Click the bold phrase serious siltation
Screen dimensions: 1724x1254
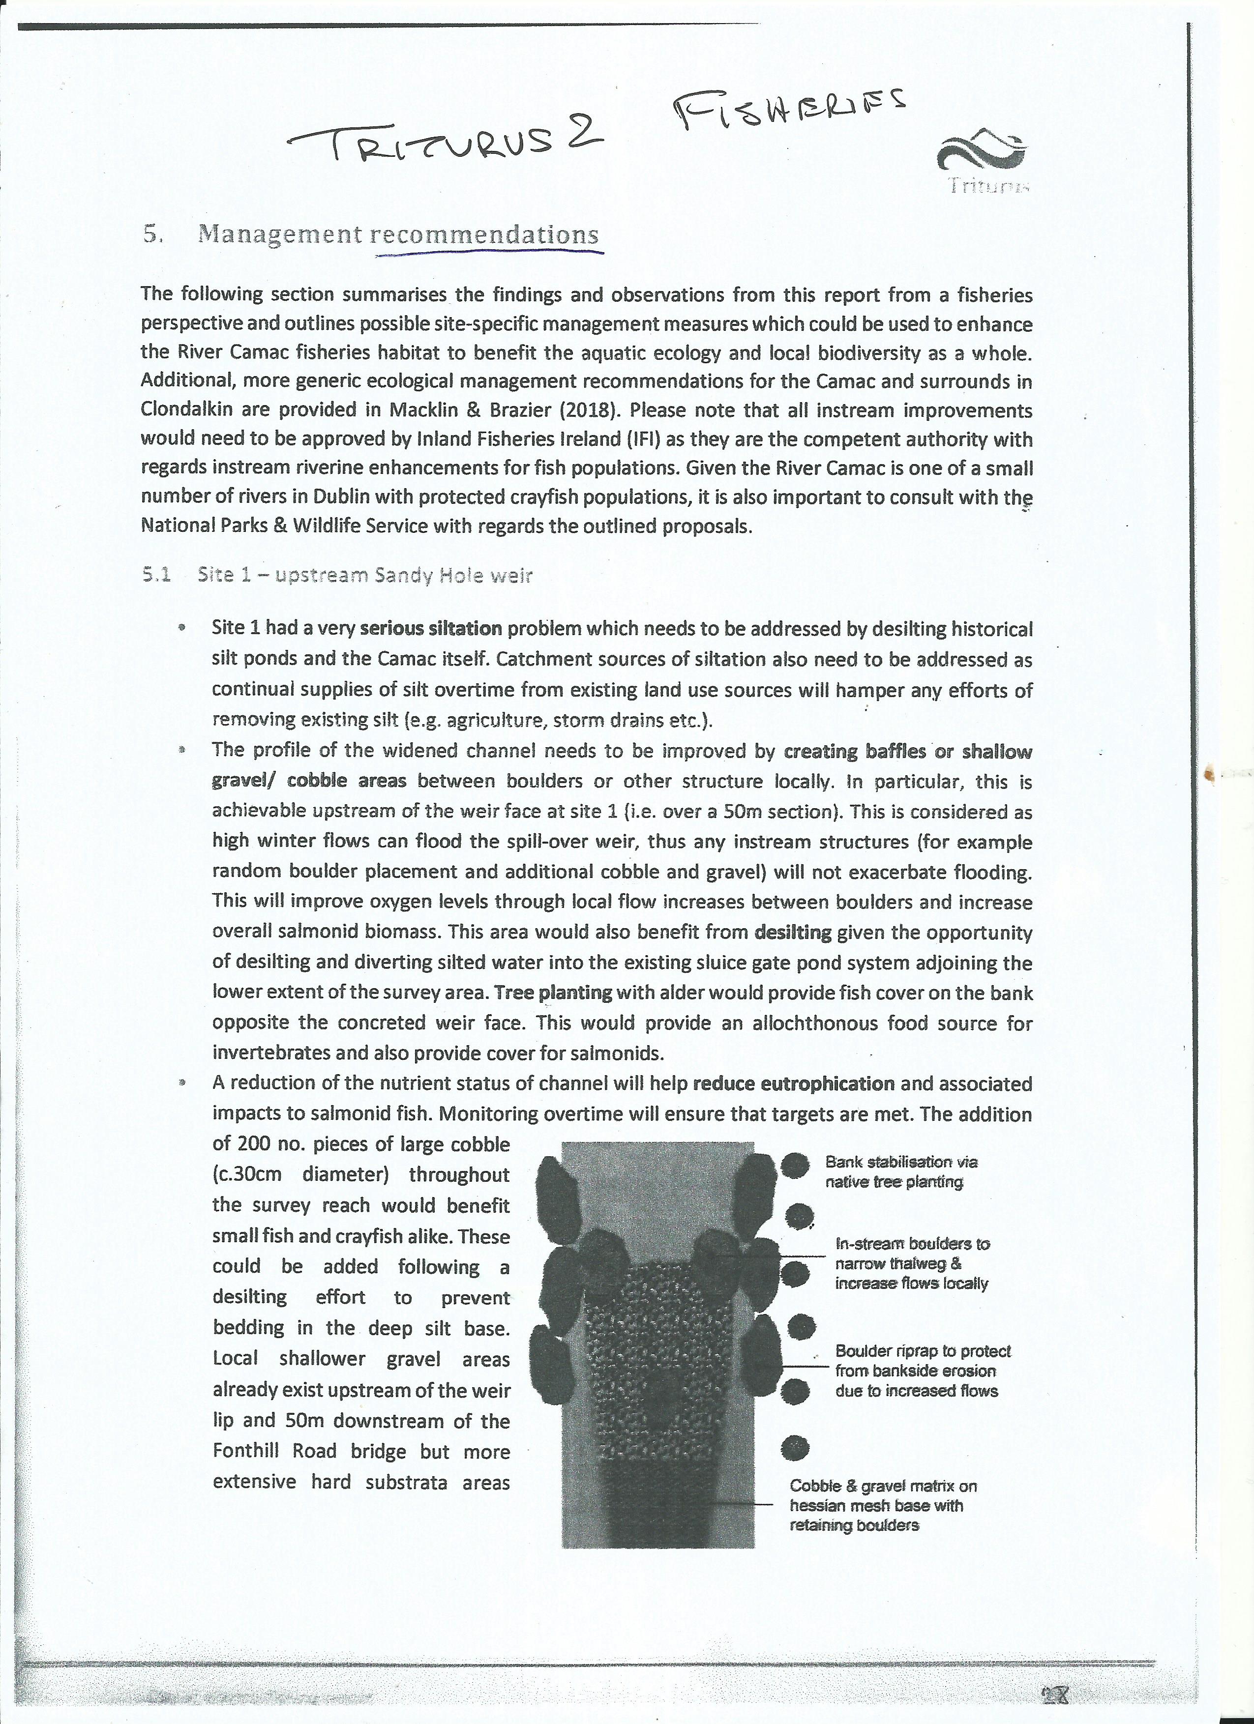430,629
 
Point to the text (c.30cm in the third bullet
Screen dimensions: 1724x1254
247,1174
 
